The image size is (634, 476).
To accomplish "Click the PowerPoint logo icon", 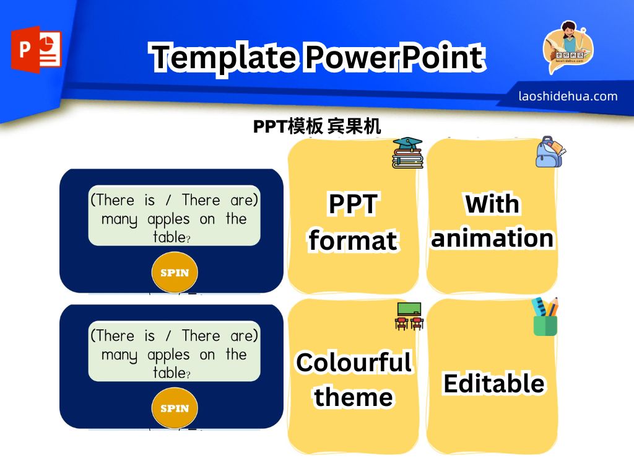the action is pos(36,50).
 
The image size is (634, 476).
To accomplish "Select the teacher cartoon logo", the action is pos(568,47).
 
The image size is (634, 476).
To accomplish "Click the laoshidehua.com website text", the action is pos(568,96).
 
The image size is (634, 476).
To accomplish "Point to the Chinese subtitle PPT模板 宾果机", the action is pos(316,126).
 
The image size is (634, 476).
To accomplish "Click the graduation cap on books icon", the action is pos(407,152).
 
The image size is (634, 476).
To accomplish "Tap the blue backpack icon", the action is pos(550,152).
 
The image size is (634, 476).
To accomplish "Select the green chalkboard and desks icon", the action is pos(409,316).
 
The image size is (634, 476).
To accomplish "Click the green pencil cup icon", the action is pos(545,317).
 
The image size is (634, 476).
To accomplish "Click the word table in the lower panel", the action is pos(169,372).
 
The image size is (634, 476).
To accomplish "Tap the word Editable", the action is pos(493,383).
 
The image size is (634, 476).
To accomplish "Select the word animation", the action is pos(492,238).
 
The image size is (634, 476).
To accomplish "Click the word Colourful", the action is pos(354,362).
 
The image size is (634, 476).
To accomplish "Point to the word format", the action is pos(353,240).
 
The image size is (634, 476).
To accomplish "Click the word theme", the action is pos(353,397).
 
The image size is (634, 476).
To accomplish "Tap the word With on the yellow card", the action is pos(492,203).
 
